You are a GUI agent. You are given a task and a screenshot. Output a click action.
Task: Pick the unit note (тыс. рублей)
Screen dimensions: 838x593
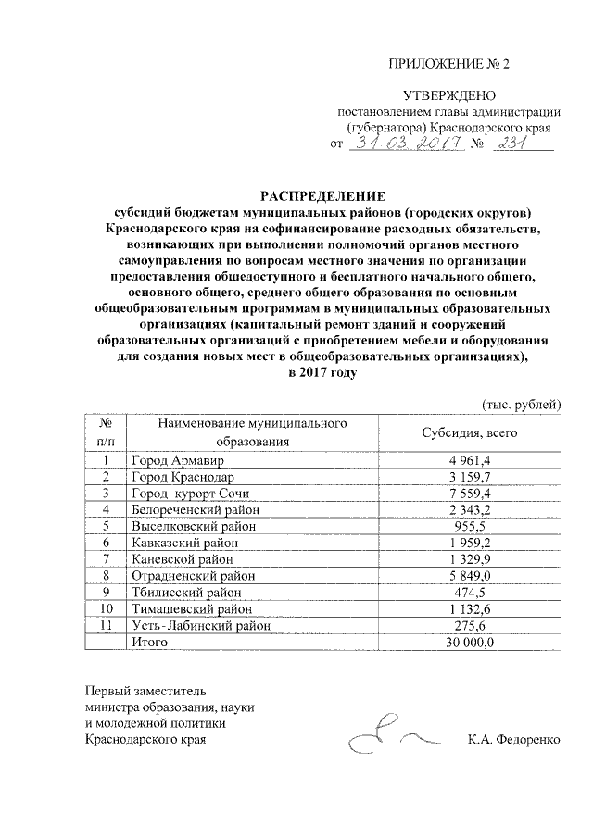[x=523, y=404]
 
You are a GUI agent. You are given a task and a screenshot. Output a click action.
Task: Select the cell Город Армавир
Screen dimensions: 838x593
[x=177, y=460]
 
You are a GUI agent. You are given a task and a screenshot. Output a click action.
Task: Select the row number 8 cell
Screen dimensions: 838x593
[x=107, y=576]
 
